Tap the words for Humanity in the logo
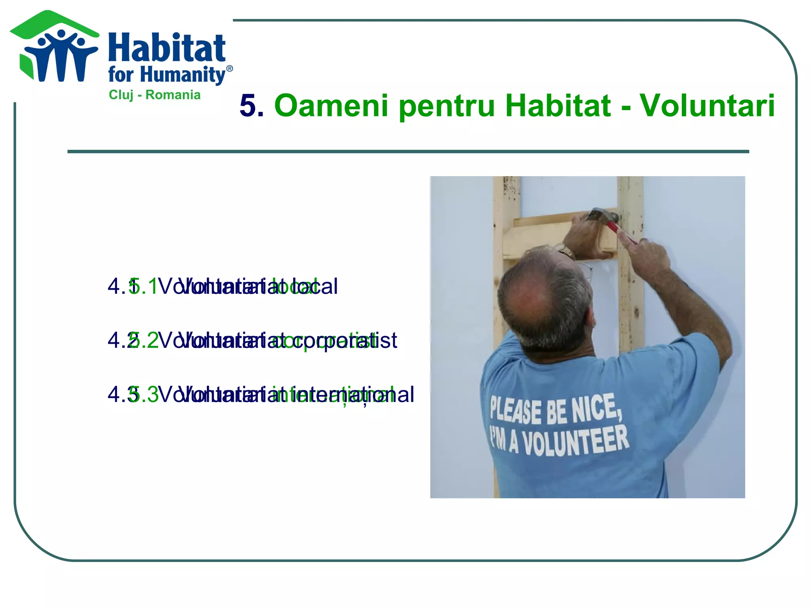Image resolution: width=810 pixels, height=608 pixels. pyautogui.click(x=167, y=75)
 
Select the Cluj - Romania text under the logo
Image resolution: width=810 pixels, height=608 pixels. pyautogui.click(x=155, y=95)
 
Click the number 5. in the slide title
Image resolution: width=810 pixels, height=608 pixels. pyautogui.click(x=252, y=106)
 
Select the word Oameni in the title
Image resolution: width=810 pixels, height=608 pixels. pyautogui.click(x=331, y=106)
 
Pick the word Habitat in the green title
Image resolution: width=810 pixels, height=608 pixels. pyautogui.click(x=558, y=106)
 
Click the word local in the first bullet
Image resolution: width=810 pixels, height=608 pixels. pyautogui.click(x=312, y=286)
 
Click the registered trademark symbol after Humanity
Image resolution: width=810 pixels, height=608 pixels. pyautogui.click(x=229, y=68)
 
